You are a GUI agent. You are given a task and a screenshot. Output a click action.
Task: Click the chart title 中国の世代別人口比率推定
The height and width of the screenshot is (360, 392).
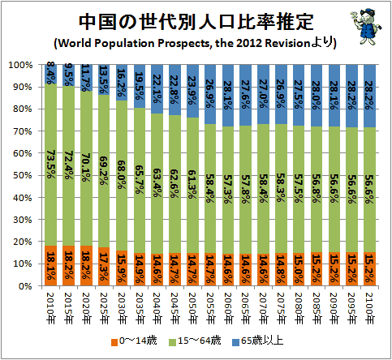pyautogui.click(x=196, y=22)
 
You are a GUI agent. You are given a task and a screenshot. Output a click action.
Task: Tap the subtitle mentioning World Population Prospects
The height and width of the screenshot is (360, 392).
pyautogui.click(x=195, y=43)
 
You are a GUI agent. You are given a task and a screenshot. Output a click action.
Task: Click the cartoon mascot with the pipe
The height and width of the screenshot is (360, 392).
pyautogui.click(x=365, y=26)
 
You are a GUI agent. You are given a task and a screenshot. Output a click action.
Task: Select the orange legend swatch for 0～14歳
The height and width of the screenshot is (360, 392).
pyautogui.click(x=114, y=342)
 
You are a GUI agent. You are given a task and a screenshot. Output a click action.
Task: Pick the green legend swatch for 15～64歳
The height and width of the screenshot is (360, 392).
pyautogui.click(x=173, y=342)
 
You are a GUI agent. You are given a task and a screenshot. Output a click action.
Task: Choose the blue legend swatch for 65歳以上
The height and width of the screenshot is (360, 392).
pyautogui.click(x=235, y=342)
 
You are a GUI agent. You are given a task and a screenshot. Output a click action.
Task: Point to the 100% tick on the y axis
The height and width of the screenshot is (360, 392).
pyautogui.click(x=21, y=65)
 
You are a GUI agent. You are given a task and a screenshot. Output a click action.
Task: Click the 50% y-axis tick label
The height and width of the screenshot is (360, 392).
pyautogui.click(x=23, y=175)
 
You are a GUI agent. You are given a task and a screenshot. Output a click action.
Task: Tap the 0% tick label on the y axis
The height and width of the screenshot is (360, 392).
pyautogui.click(x=25, y=286)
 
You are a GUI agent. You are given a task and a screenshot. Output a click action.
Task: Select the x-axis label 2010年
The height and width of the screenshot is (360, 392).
pyautogui.click(x=50, y=308)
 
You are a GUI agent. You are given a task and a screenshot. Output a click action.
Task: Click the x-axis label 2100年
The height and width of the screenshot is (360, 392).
pyautogui.click(x=369, y=308)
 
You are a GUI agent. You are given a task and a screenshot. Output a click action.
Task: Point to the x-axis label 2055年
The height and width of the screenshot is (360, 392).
pyautogui.click(x=210, y=308)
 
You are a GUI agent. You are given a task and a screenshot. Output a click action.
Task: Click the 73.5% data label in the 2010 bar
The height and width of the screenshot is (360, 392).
pyautogui.click(x=50, y=164)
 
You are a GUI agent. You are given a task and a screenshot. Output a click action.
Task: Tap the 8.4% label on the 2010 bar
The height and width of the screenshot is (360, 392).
pyautogui.click(x=50, y=73)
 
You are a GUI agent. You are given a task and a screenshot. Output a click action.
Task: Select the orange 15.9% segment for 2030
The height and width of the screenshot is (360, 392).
pyautogui.click(x=122, y=268)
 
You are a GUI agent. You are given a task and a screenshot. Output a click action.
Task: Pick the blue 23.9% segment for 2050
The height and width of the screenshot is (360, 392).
pyautogui.click(x=192, y=91)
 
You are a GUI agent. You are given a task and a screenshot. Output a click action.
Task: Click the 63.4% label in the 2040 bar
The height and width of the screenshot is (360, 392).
pyautogui.click(x=157, y=182)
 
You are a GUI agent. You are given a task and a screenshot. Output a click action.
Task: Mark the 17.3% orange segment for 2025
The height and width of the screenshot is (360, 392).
pyautogui.click(x=104, y=267)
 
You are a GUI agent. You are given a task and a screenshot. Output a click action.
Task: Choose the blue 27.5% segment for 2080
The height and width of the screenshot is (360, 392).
pyautogui.click(x=299, y=95)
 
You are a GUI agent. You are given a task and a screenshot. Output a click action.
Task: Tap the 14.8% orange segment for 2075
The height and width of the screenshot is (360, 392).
pyautogui.click(x=281, y=269)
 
